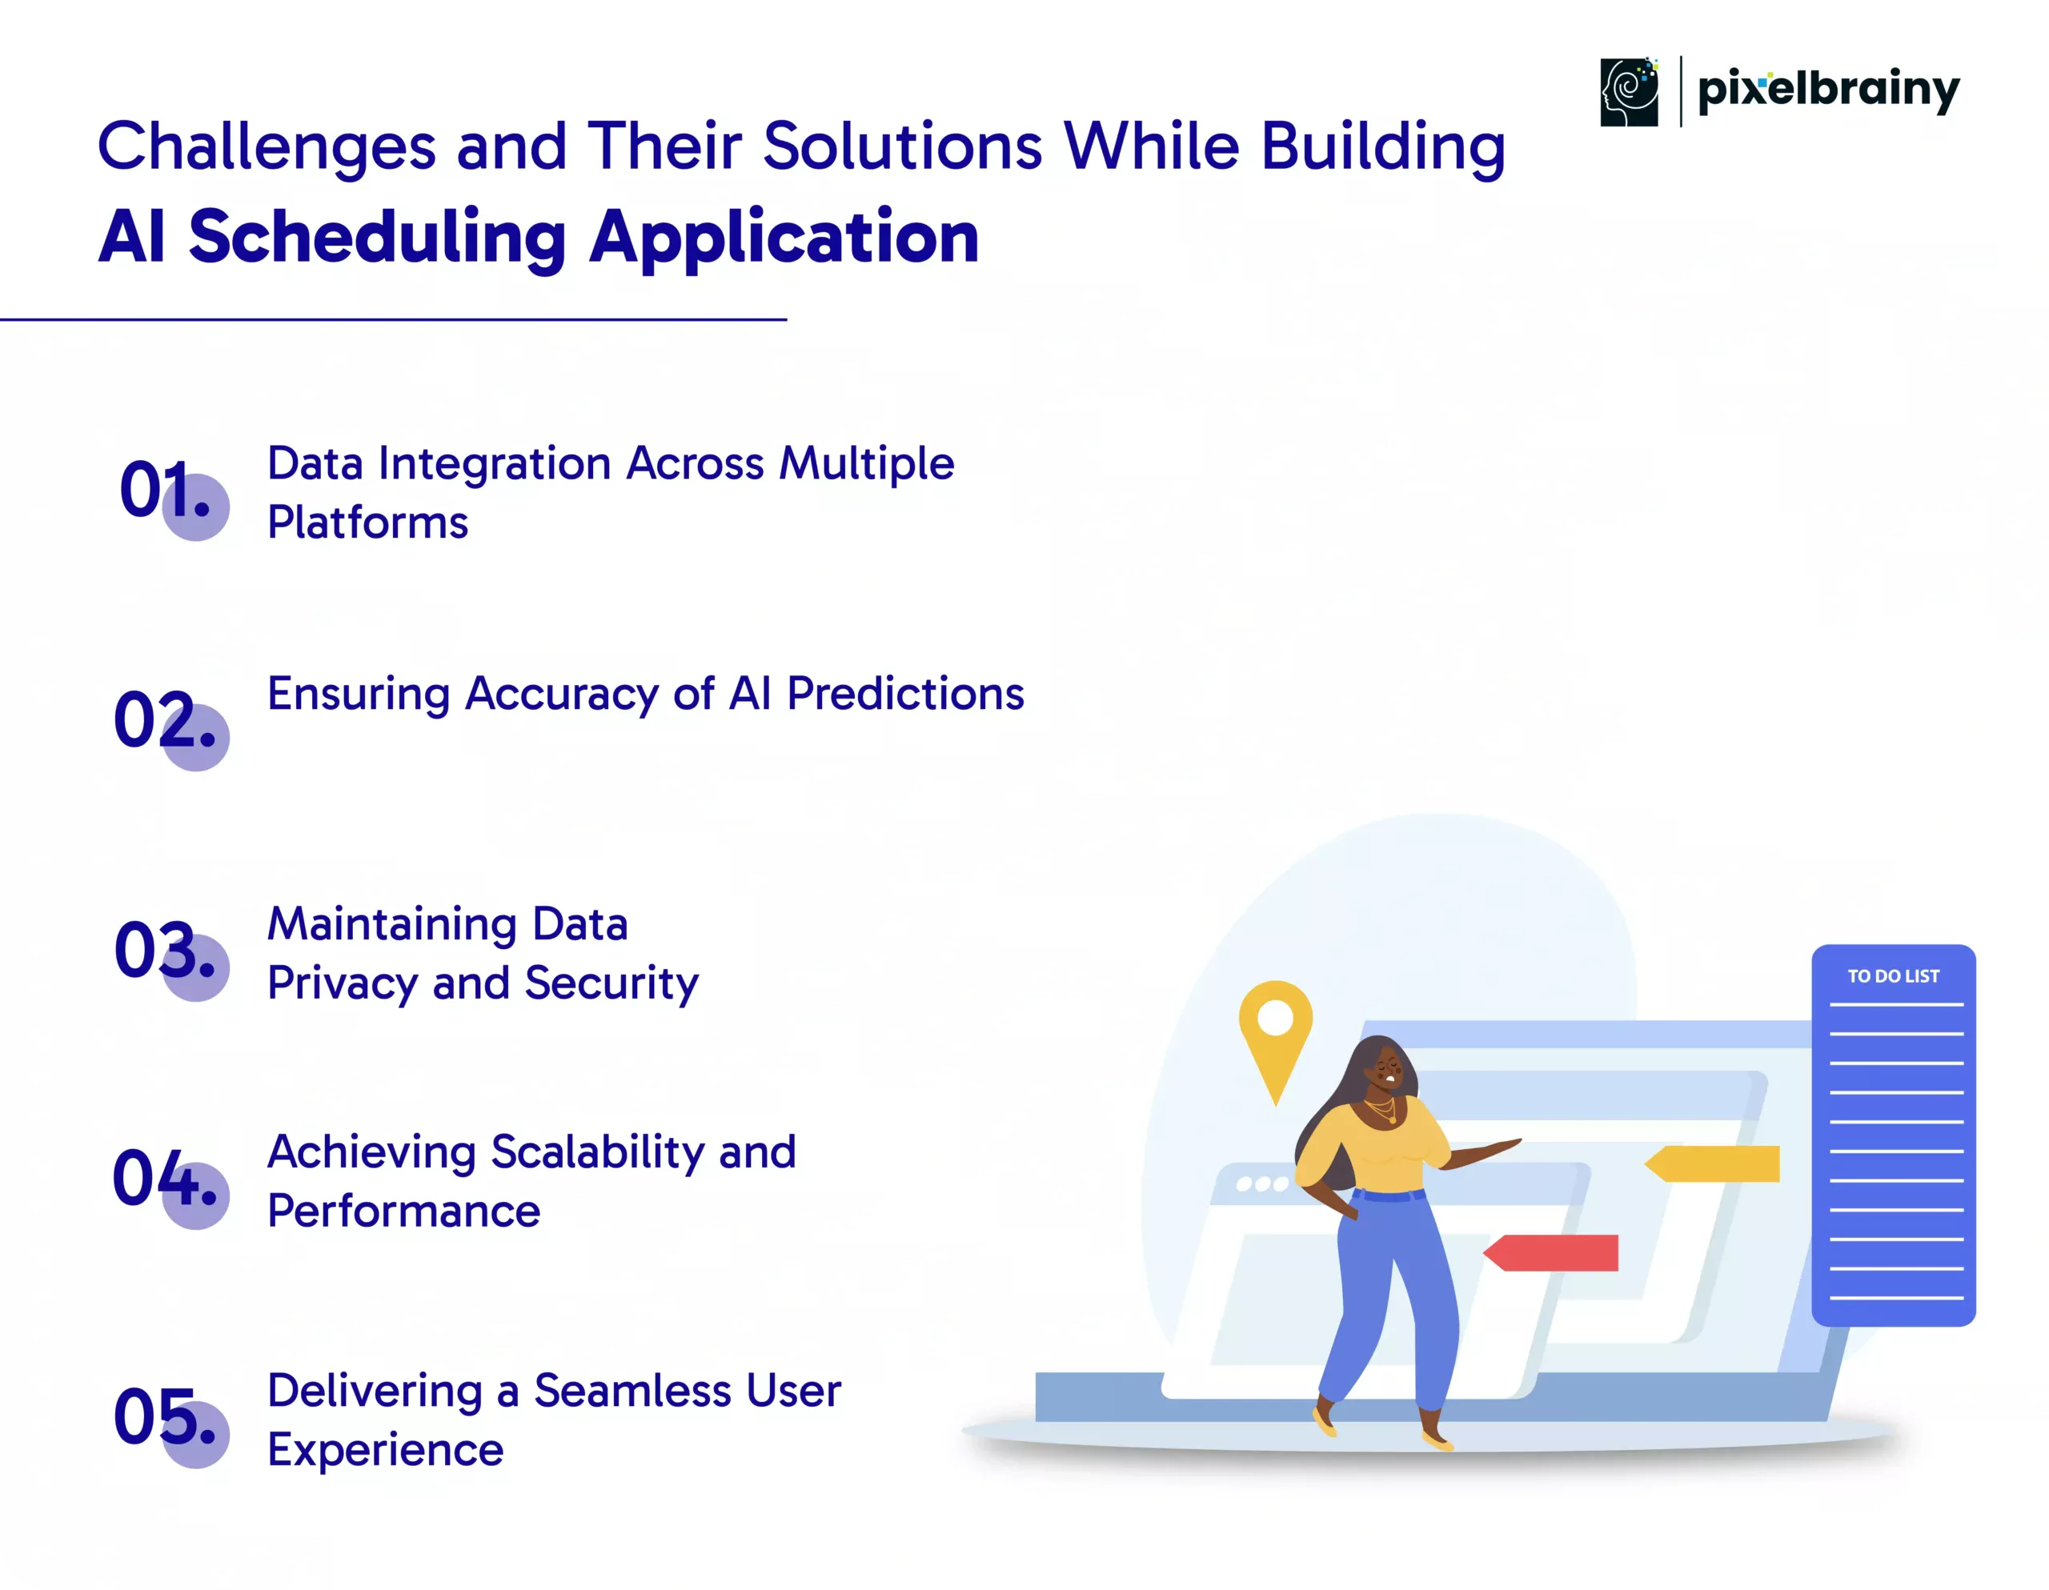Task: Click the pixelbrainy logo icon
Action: click(1629, 92)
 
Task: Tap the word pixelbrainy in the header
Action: click(1829, 91)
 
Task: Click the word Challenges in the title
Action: click(267, 148)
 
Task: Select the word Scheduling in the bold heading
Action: click(377, 238)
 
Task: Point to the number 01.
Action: click(164, 490)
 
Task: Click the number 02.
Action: click(164, 720)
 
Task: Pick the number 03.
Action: click(164, 951)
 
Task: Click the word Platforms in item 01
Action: click(367, 523)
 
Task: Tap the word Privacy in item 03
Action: click(343, 985)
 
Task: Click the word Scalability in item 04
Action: click(596, 1154)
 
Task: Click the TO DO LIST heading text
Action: click(1893, 976)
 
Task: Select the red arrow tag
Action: click(1551, 1252)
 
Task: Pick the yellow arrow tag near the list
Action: click(1712, 1163)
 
